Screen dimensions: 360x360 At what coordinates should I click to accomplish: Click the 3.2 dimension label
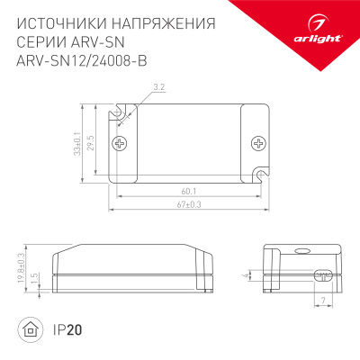click(158, 87)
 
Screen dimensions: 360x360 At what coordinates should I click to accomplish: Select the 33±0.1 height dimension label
click(78, 143)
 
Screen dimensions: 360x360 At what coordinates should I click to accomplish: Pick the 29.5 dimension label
click(91, 140)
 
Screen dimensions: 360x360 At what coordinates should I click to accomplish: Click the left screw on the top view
click(118, 143)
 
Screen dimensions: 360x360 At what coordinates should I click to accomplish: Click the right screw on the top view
click(259, 142)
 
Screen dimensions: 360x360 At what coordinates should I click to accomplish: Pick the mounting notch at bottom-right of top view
click(262, 172)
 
